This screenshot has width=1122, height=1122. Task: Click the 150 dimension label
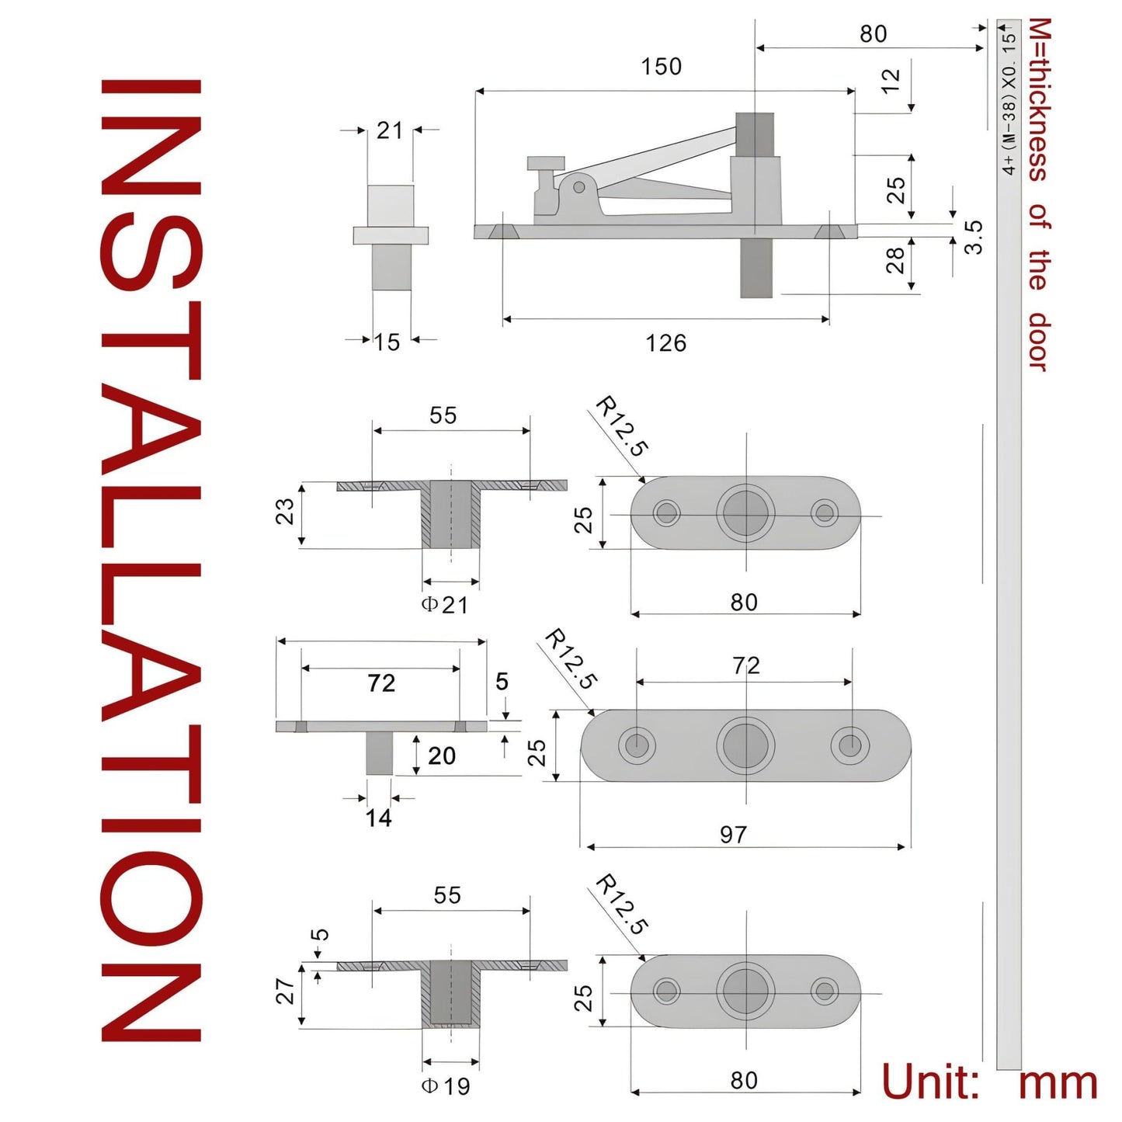pyautogui.click(x=661, y=66)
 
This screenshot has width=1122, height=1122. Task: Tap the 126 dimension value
pyautogui.click(x=665, y=343)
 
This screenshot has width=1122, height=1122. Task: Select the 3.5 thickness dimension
pyautogui.click(x=974, y=237)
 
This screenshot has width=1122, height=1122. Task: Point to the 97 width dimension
pyautogui.click(x=732, y=835)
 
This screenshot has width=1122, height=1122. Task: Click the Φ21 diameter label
pyautogui.click(x=445, y=605)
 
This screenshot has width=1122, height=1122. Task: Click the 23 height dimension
pyautogui.click(x=285, y=512)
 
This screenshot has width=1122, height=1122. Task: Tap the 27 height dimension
pyautogui.click(x=285, y=991)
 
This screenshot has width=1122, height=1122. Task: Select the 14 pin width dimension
pyautogui.click(x=378, y=818)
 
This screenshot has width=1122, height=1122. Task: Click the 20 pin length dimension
pyautogui.click(x=441, y=756)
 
